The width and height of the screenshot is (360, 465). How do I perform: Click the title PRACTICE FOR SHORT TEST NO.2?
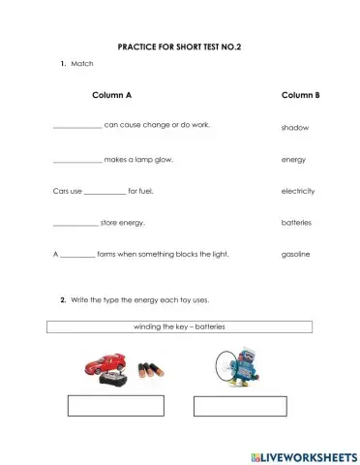pyautogui.click(x=178, y=46)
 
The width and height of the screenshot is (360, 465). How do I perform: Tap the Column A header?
pyautogui.click(x=111, y=95)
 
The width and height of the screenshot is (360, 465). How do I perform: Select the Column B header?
pyautogui.click(x=300, y=95)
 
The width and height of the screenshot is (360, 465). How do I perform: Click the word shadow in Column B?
pyautogui.click(x=294, y=128)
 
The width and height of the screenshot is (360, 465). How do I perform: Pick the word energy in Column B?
pyautogui.click(x=293, y=159)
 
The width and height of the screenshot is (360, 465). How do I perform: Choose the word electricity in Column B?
pyautogui.click(x=297, y=191)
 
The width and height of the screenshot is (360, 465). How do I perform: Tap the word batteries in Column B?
pyautogui.click(x=296, y=223)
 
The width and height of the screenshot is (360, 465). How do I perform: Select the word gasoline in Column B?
pyautogui.click(x=295, y=255)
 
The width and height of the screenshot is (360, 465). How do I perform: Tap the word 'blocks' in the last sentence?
pyautogui.click(x=182, y=255)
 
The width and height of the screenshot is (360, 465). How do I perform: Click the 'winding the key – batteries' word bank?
pyautogui.click(x=178, y=327)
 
